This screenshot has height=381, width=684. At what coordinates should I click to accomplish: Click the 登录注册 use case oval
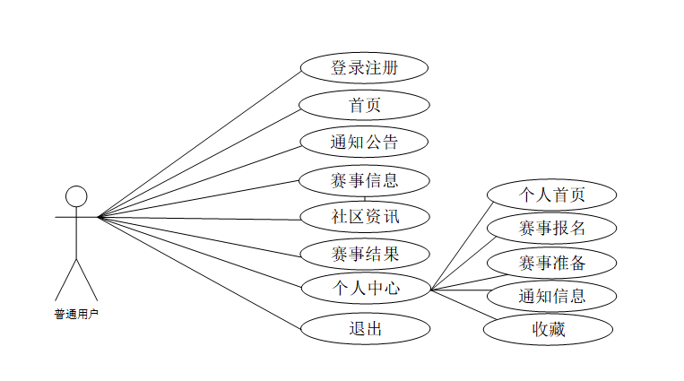[x=364, y=67]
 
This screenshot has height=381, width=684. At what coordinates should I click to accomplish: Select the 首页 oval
[x=364, y=105]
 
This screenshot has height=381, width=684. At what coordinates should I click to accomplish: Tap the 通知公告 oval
[x=364, y=142]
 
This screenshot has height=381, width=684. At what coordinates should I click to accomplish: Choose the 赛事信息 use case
[x=364, y=179]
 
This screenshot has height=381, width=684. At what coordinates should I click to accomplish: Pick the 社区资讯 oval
[x=364, y=216]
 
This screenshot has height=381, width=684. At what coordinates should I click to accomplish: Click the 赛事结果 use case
[x=364, y=253]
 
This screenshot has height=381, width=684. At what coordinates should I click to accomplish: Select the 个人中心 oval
[x=364, y=289]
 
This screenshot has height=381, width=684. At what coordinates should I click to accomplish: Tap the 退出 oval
[x=364, y=328]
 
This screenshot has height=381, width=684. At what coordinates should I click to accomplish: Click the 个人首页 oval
[x=551, y=195]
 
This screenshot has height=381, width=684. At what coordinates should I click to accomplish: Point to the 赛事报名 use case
[x=551, y=228]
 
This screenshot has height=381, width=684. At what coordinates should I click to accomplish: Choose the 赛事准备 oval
[x=551, y=263]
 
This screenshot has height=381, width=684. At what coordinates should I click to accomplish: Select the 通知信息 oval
[x=551, y=296]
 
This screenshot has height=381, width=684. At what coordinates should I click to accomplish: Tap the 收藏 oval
[x=549, y=330]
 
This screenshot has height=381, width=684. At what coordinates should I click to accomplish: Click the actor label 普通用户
[x=76, y=314]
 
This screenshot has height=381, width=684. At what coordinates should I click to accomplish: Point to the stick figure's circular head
[x=77, y=196]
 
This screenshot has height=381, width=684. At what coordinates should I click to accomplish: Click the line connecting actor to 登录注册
[x=199, y=143]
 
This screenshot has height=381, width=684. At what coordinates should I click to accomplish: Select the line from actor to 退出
[x=199, y=273]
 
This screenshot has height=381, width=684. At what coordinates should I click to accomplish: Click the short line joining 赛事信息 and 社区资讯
[x=365, y=198]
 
